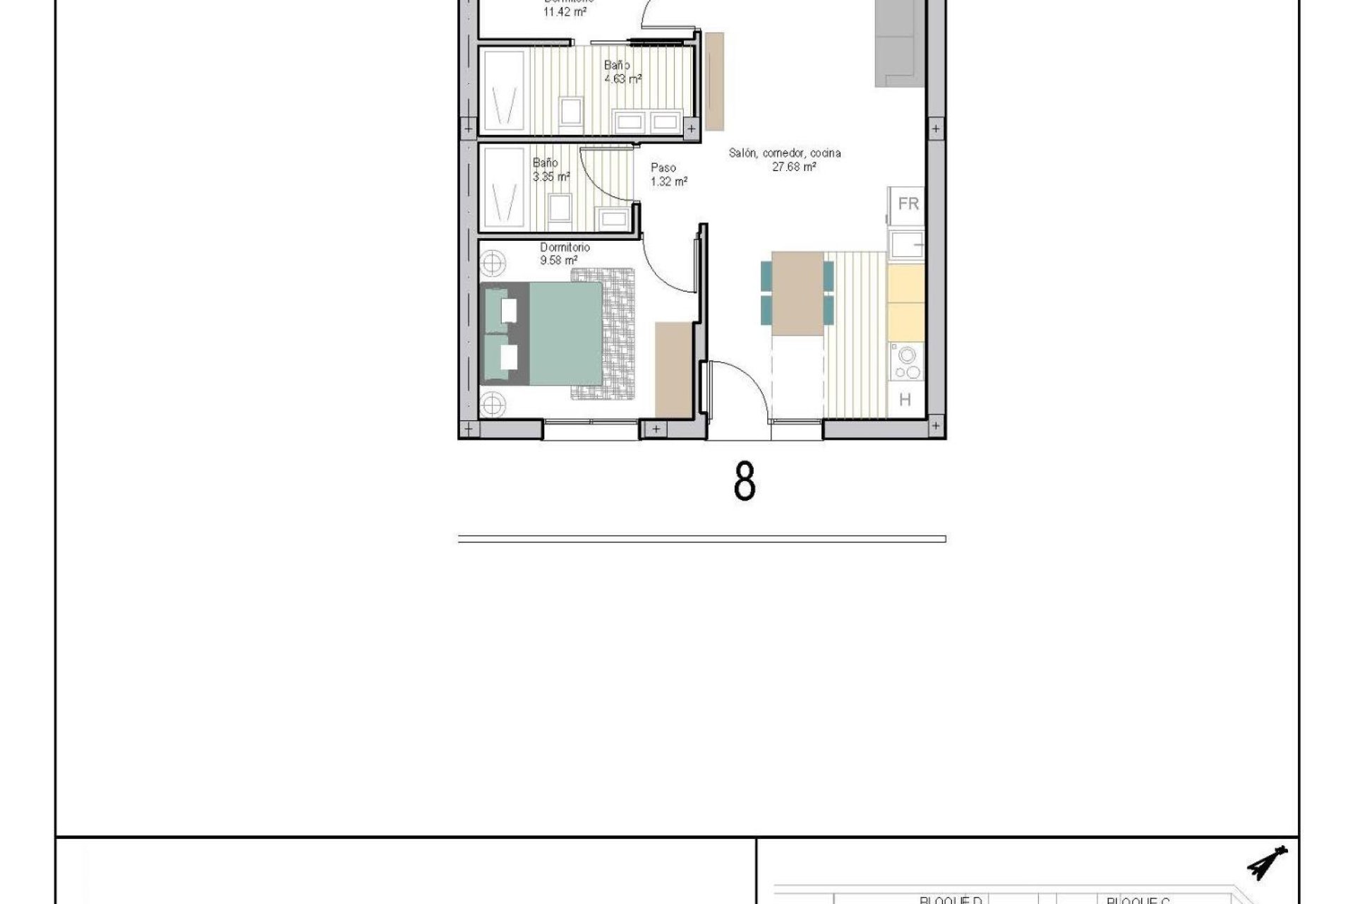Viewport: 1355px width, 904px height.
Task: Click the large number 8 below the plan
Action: click(x=745, y=482)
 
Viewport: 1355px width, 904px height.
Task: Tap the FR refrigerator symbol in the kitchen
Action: click(x=908, y=204)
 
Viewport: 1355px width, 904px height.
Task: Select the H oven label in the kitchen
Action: click(x=905, y=400)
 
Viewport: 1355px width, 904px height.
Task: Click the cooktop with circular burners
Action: click(x=906, y=363)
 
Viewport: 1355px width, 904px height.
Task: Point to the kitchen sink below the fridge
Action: click(x=906, y=245)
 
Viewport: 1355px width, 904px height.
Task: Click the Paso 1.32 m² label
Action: click(x=668, y=174)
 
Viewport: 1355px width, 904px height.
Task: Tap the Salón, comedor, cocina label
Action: click(x=785, y=153)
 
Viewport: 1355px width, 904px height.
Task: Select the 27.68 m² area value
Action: click(x=795, y=167)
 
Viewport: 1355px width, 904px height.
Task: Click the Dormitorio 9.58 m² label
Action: click(x=565, y=254)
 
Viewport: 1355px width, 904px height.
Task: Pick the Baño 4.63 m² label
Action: click(x=622, y=72)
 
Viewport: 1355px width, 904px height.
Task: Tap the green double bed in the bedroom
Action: click(x=558, y=333)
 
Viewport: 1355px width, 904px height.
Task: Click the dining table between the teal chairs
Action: click(x=797, y=293)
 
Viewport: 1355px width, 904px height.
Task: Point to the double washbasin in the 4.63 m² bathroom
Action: click(x=648, y=122)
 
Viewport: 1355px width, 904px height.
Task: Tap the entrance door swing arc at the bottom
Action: click(x=737, y=392)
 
